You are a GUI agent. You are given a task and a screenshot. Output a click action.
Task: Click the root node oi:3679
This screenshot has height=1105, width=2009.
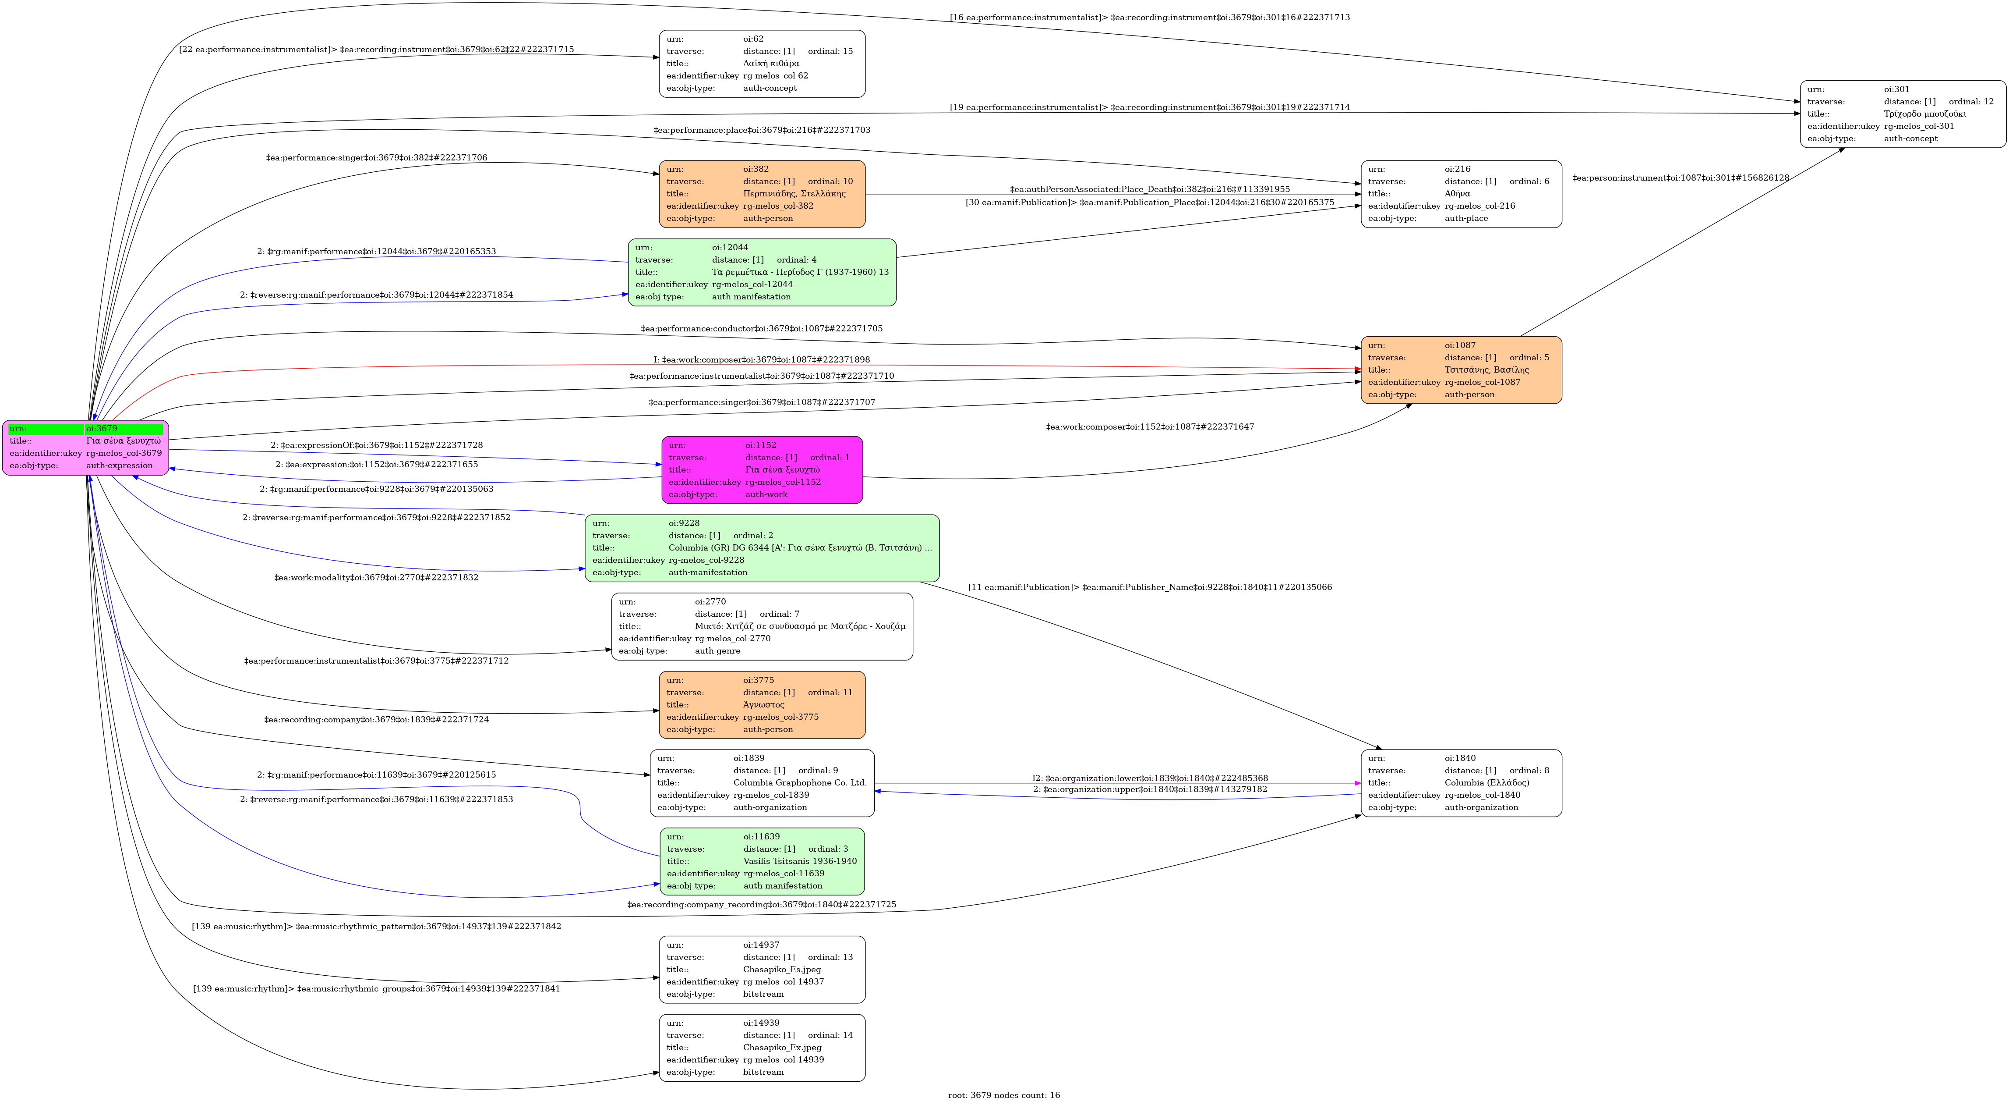[86, 447]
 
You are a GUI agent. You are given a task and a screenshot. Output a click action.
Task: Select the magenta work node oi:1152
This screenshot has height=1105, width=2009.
[762, 470]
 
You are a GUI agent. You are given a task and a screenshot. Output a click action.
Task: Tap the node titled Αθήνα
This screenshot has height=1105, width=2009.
[1461, 194]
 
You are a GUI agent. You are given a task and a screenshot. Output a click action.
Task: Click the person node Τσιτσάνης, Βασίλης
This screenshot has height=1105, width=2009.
[1461, 370]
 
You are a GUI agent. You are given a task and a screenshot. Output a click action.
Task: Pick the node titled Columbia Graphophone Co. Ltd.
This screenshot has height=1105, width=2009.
[762, 783]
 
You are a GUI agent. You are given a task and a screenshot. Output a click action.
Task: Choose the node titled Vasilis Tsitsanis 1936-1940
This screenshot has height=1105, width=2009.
[762, 862]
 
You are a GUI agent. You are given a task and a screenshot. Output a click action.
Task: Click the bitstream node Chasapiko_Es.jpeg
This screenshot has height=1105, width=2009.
[762, 969]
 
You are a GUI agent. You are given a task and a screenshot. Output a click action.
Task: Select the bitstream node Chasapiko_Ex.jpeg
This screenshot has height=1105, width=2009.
[762, 1047]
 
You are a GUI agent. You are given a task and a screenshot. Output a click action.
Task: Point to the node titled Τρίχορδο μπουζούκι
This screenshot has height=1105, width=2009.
[1902, 114]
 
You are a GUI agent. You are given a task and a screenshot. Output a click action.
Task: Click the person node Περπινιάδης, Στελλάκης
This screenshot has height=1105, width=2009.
[762, 194]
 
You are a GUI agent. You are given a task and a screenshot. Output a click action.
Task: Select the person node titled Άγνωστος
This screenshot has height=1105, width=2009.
[762, 705]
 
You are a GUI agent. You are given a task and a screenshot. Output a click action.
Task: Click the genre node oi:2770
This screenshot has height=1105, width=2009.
[762, 627]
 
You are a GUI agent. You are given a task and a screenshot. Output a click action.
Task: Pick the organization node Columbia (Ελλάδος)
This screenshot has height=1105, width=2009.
[1461, 783]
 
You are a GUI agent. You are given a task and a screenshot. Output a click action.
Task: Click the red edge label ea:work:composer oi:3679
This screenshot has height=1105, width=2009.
[761, 360]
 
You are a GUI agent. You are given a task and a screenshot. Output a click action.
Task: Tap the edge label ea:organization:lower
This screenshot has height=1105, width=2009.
[1150, 778]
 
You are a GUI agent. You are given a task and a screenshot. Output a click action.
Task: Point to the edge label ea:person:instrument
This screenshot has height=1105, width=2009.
[1681, 178]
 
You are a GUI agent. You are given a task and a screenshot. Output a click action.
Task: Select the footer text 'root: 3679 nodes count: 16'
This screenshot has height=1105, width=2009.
[1004, 1095]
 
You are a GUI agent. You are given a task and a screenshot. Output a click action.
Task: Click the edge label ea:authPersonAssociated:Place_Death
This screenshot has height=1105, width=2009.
[1150, 189]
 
